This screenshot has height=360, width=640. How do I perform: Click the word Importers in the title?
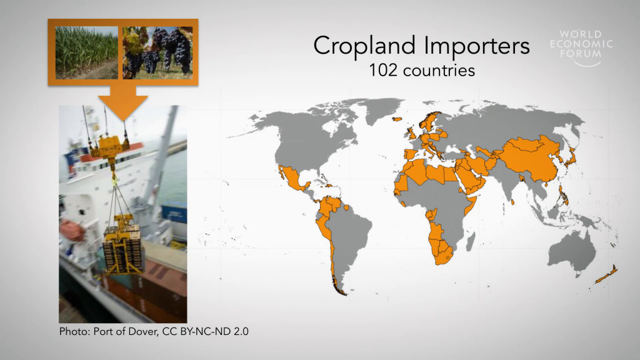click(x=477, y=46)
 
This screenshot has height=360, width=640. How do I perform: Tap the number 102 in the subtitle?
click(x=383, y=71)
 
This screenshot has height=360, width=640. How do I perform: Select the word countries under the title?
click(x=439, y=71)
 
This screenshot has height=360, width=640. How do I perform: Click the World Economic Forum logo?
click(x=581, y=47)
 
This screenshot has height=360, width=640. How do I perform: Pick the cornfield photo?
click(x=86, y=52)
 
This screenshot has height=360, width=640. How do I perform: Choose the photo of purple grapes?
click(x=157, y=52)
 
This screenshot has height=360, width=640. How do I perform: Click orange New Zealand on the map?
click(x=607, y=275)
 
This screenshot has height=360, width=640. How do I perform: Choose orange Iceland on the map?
click(x=397, y=119)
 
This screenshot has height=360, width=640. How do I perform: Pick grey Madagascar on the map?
click(x=471, y=241)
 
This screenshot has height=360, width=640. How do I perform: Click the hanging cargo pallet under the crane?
click(x=123, y=249)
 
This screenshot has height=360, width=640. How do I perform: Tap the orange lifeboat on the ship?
click(x=72, y=229)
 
